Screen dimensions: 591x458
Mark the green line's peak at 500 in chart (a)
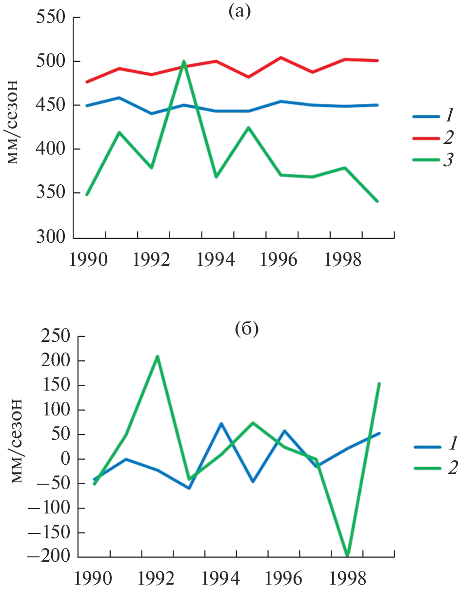[184, 61]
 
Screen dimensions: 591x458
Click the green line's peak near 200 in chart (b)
[158, 356]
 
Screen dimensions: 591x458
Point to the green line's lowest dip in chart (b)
[348, 555]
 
